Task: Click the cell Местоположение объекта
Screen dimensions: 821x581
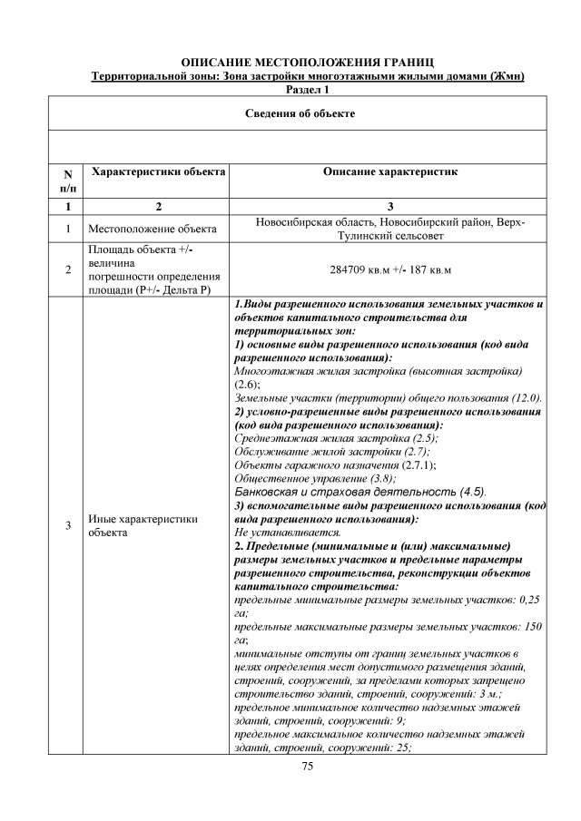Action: tap(152, 230)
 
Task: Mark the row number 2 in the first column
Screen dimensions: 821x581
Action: tap(65, 269)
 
